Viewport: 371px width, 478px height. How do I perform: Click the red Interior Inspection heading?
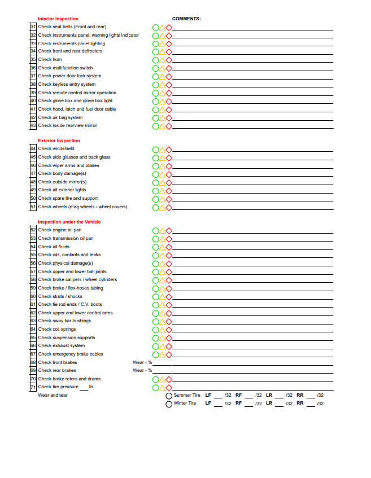click(x=58, y=19)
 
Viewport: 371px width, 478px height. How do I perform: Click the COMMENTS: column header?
click(x=186, y=19)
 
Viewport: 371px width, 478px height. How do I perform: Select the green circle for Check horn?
click(x=155, y=60)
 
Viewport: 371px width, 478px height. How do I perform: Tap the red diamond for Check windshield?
click(x=168, y=150)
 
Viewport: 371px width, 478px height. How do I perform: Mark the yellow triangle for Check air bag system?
click(x=162, y=118)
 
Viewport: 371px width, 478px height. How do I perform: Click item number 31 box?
click(x=33, y=27)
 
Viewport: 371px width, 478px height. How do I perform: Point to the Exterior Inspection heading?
click(x=59, y=141)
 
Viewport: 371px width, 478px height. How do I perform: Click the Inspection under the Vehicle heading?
click(x=69, y=222)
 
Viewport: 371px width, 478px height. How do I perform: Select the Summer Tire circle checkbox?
click(x=169, y=396)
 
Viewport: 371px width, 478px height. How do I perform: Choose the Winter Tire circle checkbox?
click(x=169, y=404)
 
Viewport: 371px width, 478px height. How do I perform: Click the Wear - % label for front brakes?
click(x=142, y=362)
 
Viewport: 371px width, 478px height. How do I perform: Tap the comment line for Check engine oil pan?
click(x=252, y=231)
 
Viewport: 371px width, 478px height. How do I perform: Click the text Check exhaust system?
click(x=62, y=345)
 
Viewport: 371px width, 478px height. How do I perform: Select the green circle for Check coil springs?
click(x=155, y=330)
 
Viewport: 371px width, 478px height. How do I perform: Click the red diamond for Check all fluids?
click(x=168, y=247)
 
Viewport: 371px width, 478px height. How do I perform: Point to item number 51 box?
click(x=33, y=207)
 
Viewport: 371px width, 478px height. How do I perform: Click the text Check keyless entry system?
click(x=67, y=84)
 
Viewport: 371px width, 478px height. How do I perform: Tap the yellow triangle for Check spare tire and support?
click(x=162, y=199)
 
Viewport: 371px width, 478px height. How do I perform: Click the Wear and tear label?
click(x=53, y=395)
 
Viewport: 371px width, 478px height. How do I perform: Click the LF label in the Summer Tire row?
click(x=208, y=395)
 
